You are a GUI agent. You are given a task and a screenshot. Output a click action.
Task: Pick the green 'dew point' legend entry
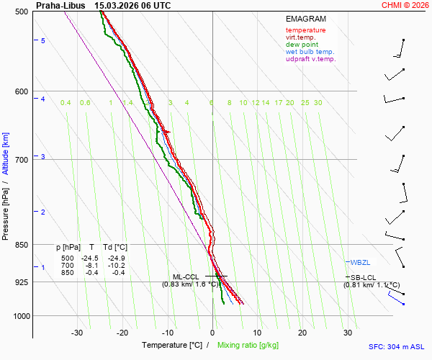point(302,45)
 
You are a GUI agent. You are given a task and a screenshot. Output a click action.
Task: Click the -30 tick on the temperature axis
point(77,333)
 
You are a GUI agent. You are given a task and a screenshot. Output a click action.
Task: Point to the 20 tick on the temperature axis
point(302,333)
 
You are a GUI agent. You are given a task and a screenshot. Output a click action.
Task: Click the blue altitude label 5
point(42,41)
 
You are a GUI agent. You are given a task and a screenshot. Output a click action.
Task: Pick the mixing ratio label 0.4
point(66,103)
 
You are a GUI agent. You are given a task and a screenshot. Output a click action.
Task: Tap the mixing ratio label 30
point(318,103)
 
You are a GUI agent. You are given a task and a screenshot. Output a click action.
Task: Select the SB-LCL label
point(362,277)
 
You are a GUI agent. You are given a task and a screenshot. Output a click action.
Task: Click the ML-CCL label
point(186,277)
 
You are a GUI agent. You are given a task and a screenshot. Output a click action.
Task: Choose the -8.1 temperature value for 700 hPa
point(91,266)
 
